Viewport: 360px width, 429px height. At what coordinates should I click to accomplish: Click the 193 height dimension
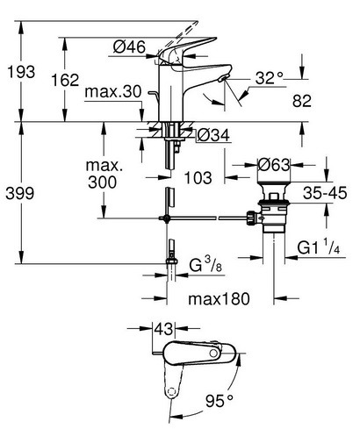21,72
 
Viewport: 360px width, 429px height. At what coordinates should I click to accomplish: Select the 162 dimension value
65,80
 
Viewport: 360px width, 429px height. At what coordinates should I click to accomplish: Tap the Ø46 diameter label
129,46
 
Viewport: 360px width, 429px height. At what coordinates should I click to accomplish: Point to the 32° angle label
270,78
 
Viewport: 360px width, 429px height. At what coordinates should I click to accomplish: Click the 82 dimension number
301,101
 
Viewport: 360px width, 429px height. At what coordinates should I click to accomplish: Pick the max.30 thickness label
113,91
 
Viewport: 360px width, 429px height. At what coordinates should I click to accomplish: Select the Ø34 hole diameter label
213,135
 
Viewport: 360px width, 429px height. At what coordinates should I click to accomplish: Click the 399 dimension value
20,193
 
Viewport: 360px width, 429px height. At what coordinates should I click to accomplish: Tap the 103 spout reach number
198,178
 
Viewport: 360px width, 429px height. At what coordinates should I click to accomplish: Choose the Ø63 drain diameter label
274,165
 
